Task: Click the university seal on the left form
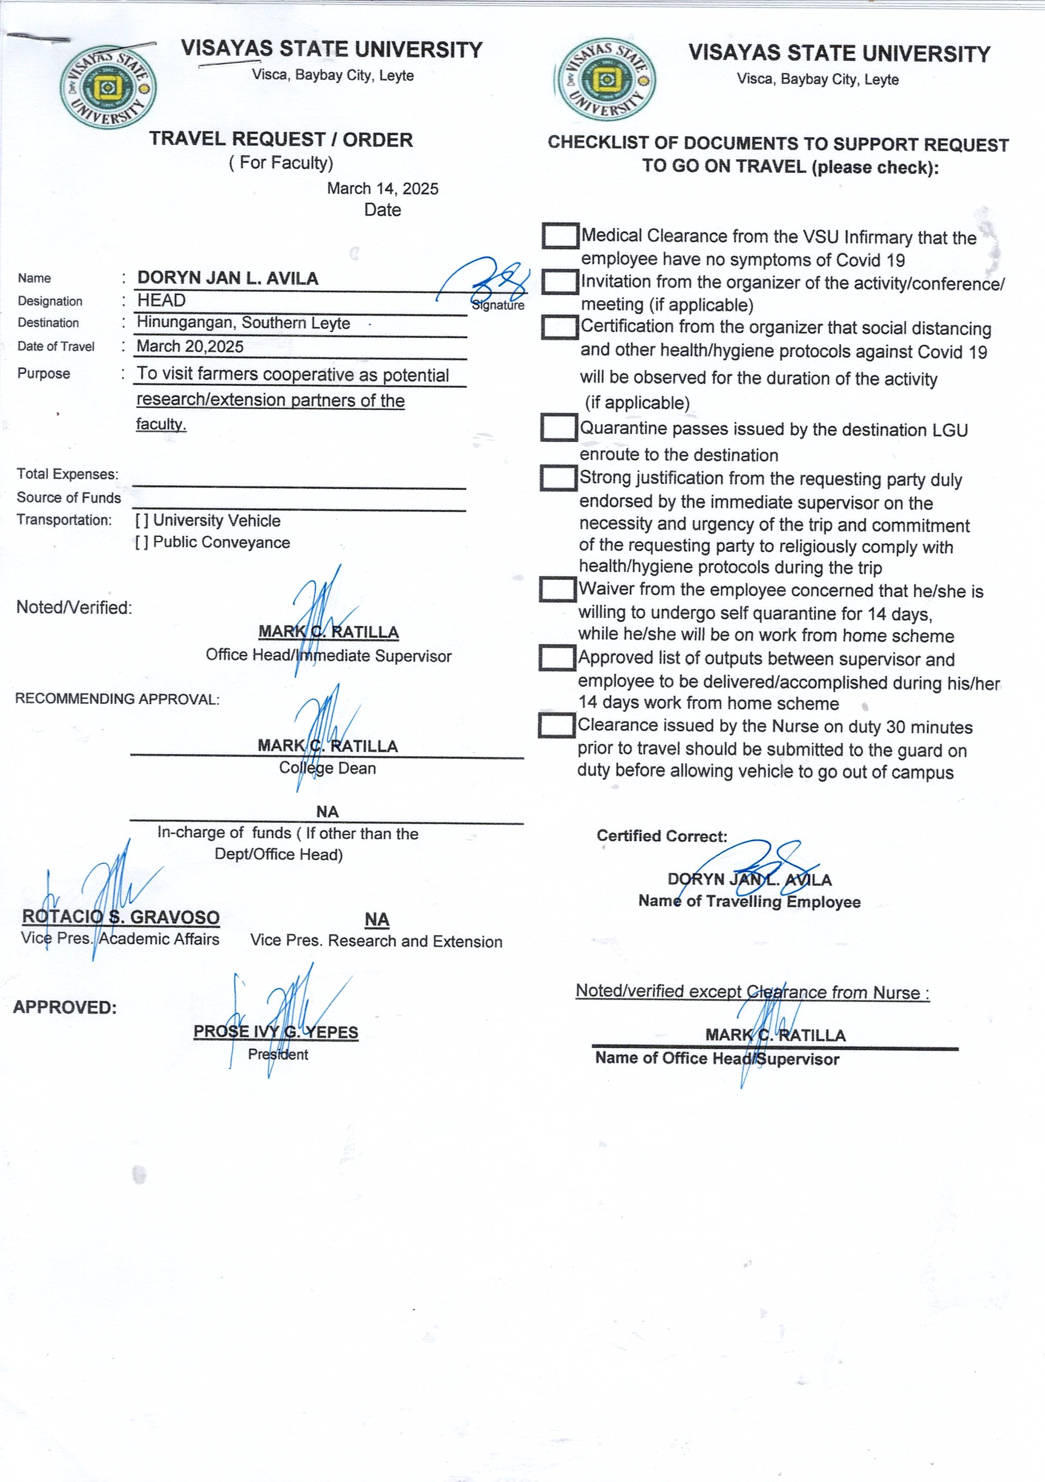point(108,87)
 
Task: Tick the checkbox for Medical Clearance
point(560,236)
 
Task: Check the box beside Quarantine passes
point(558,427)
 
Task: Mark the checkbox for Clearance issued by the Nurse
point(557,725)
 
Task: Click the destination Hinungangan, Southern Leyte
point(243,323)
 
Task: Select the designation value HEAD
point(161,300)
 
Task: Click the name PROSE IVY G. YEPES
point(276,1031)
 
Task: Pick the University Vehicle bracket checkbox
point(141,521)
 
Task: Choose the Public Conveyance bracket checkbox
point(141,542)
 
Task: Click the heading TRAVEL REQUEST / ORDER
point(281,140)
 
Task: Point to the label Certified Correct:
point(662,836)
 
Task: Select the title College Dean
point(327,768)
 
